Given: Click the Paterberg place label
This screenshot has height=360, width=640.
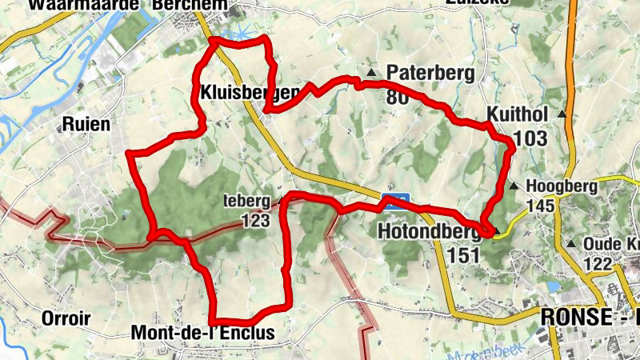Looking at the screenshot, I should point(430,74).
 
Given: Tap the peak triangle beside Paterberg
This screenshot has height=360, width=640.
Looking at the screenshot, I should point(371,74).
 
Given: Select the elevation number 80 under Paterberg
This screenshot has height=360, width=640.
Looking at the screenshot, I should point(397,98).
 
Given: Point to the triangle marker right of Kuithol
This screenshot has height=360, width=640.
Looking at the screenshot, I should point(562,114).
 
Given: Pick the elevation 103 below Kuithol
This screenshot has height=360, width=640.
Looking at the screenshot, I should point(530,139).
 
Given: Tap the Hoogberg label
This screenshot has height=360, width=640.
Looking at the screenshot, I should point(562,186).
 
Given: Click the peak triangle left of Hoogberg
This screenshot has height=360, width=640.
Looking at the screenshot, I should point(513,187).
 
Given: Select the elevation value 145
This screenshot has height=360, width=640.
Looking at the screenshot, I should point(540,206).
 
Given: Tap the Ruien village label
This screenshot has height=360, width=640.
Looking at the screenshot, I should point(85,124).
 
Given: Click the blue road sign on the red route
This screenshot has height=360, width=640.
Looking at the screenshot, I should point(396,200).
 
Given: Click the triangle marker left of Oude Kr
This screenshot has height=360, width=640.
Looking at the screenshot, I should point(570,244).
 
